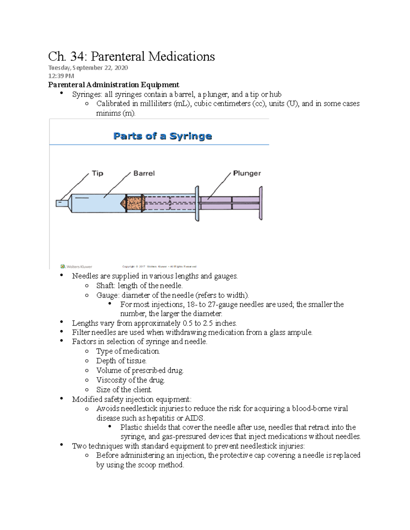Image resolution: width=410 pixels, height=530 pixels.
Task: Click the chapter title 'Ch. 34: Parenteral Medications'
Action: click(x=131, y=56)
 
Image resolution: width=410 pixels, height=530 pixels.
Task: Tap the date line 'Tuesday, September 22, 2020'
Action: click(x=88, y=68)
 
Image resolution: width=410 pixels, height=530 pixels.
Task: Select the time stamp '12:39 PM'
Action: click(x=61, y=76)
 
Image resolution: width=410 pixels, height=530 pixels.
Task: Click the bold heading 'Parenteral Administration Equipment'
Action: click(x=113, y=85)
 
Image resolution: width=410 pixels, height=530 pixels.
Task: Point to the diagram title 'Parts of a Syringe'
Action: click(x=162, y=136)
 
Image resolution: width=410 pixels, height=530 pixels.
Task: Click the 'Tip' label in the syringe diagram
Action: click(x=97, y=173)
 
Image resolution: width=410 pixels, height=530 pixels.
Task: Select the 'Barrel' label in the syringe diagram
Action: click(x=144, y=173)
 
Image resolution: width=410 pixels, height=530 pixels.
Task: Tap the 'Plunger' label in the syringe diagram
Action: click(x=247, y=173)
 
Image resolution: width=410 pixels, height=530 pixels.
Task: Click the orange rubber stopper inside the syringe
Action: click(x=135, y=203)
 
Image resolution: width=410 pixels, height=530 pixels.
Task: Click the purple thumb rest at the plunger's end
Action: click(x=261, y=203)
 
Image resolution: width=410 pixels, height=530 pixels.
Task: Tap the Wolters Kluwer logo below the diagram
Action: click(x=76, y=267)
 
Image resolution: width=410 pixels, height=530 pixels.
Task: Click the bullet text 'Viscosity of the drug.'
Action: click(x=130, y=380)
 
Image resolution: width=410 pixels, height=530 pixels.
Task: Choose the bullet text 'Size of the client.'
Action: click(x=124, y=390)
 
